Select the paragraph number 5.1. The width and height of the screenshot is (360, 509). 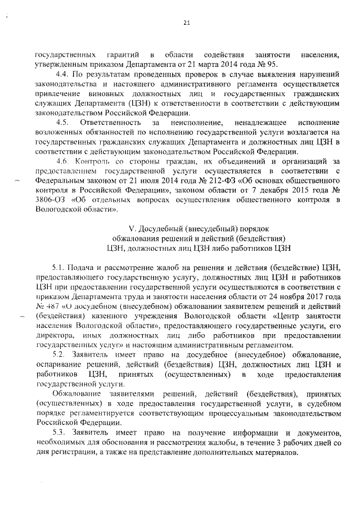click(x=60, y=266)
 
